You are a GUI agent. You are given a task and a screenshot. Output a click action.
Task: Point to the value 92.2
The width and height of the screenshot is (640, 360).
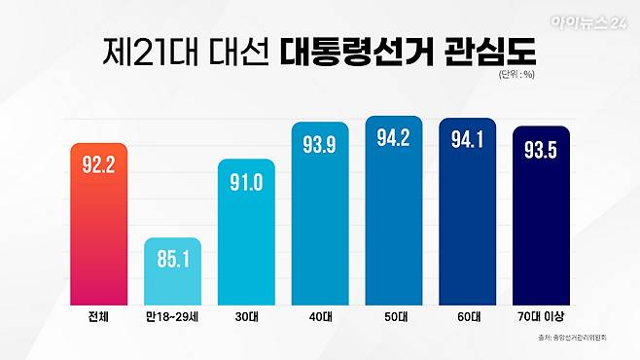99,163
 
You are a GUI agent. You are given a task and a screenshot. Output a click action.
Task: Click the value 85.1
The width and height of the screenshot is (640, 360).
173,260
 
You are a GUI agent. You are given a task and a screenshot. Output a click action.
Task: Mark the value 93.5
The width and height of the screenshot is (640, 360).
540,151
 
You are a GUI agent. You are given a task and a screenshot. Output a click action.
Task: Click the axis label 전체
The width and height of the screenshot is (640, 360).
99,317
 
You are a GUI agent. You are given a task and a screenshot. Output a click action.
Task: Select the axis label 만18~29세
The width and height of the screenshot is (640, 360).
173,317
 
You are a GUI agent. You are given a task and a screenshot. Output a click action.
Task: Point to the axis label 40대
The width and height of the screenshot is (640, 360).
320,317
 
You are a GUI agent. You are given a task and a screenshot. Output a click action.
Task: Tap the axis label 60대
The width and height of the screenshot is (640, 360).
467,317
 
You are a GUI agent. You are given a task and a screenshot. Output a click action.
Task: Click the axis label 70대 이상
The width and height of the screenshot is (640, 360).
540,317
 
